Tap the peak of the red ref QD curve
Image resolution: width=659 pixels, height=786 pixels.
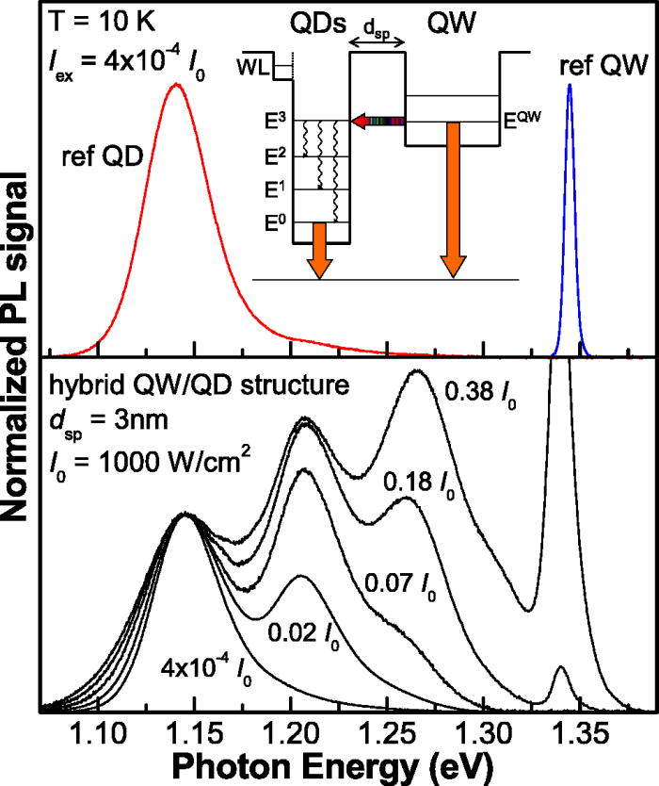pos(175,84)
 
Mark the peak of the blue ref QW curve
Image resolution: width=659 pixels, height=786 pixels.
pos(569,86)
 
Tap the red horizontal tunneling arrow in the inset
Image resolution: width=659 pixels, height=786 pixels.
pos(377,121)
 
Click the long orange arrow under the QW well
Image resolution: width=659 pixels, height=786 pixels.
pos(453,199)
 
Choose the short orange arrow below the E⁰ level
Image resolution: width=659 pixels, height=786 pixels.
pos(320,249)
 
